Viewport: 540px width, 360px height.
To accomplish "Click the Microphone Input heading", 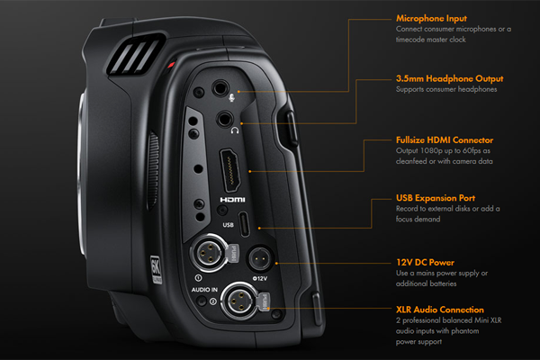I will point(432,17).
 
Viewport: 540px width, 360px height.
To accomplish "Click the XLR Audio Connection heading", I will point(440,310).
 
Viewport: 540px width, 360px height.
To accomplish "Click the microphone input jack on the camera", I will point(220,89).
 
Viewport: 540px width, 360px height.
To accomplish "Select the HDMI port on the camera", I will point(228,172).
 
